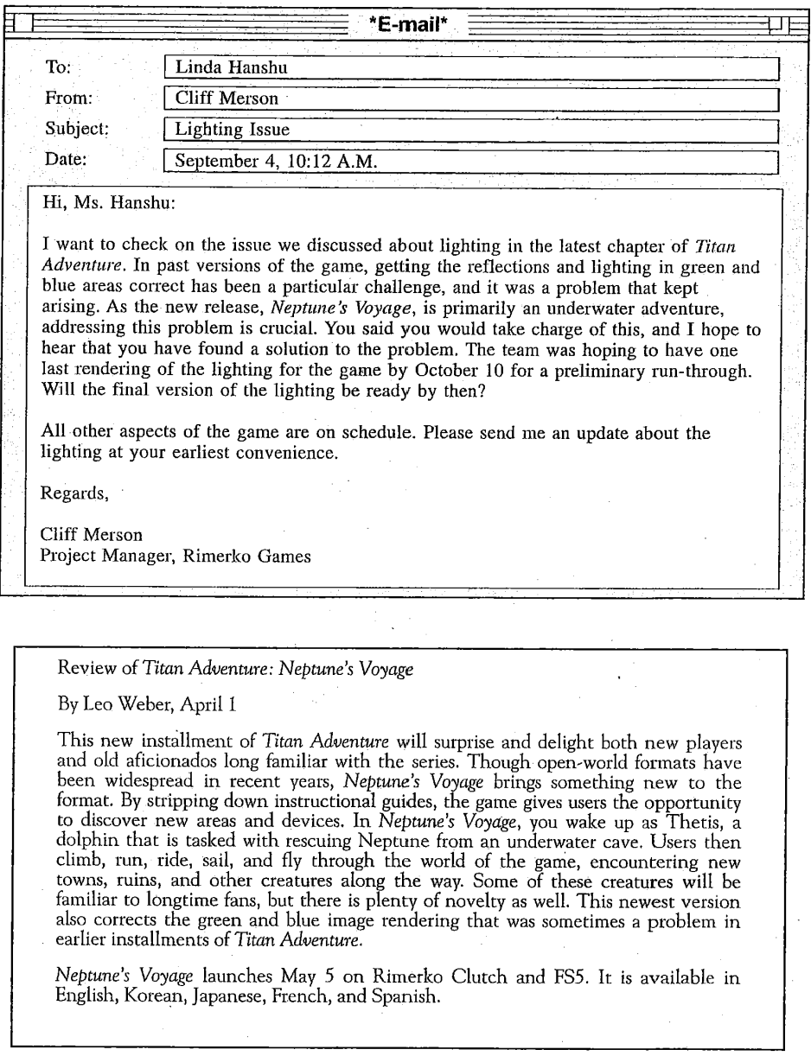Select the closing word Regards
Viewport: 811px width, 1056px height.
(75, 495)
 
